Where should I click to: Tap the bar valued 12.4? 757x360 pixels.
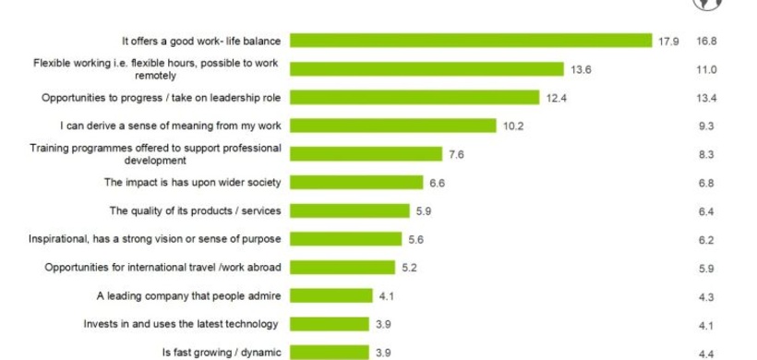tap(415, 97)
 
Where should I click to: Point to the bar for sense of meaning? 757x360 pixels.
tap(390, 126)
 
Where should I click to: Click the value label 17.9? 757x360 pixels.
tap(668, 41)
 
